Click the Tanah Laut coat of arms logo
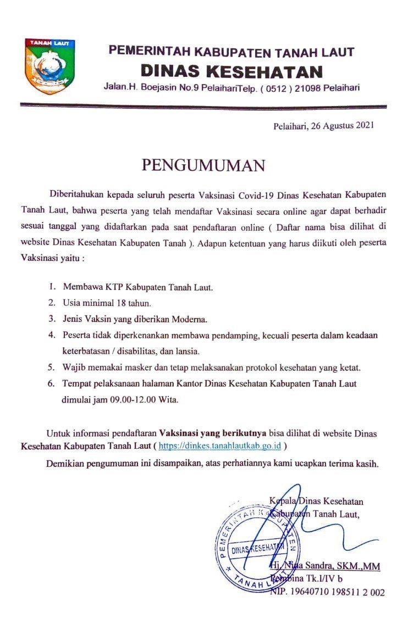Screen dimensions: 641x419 (49, 66)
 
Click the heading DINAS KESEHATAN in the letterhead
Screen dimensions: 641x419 (231, 71)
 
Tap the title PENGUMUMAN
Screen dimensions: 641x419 (203, 165)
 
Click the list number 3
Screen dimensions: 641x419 (51, 319)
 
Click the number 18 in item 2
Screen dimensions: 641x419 (120, 303)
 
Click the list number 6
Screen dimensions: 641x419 (51, 383)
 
